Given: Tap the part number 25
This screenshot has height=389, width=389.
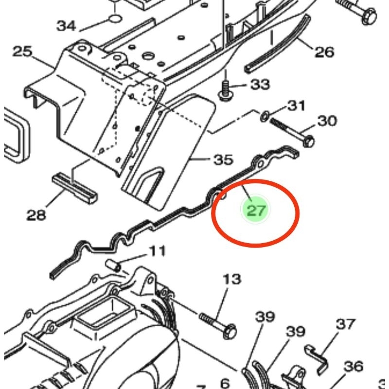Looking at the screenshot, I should tap(22, 51).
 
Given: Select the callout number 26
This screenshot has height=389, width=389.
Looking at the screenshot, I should tap(324, 52).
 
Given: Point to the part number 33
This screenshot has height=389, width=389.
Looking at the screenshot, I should tap(260, 85).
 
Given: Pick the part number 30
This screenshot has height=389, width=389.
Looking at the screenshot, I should tap(327, 121).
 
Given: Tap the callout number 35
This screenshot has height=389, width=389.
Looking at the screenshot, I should tap(223, 159).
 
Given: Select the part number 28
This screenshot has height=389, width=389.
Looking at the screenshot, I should tap(36, 213).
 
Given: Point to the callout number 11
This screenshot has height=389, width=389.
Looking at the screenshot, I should tap(157, 251).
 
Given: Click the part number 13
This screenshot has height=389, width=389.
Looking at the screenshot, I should tap(232, 279).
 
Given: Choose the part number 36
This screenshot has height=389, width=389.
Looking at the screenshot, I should tap(353, 366).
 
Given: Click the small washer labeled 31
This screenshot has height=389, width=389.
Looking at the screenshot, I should tap(265, 116).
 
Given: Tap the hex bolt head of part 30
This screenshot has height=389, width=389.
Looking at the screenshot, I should tap(308, 141).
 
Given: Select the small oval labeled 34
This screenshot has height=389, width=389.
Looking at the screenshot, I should tap(114, 19).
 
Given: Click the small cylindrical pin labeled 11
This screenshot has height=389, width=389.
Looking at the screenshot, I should tap(113, 265).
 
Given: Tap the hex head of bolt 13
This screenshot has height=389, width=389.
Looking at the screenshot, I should tap(231, 332).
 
